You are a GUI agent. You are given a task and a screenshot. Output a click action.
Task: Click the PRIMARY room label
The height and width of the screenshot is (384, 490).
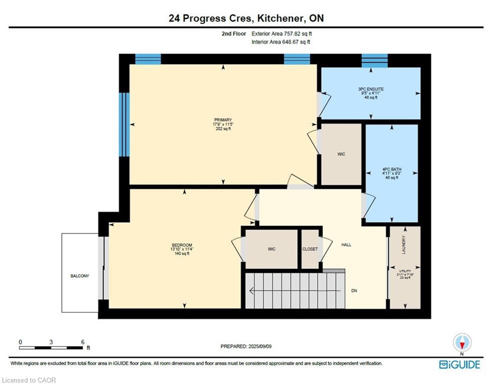(223, 120)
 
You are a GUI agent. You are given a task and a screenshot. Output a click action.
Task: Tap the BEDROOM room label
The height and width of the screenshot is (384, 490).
(182, 245)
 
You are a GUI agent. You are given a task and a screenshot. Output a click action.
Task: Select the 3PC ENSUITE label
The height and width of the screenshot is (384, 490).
(371, 89)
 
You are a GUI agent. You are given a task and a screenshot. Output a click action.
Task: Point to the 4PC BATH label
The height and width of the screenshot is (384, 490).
(392, 169)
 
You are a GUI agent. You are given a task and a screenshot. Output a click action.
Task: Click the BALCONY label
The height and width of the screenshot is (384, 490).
(79, 276)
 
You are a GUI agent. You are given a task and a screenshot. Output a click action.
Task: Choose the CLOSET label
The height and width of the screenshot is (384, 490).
(310, 249)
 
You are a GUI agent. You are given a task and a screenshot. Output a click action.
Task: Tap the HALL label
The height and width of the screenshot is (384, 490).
(346, 244)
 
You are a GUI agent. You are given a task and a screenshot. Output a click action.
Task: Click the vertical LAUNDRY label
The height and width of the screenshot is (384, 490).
(404, 244)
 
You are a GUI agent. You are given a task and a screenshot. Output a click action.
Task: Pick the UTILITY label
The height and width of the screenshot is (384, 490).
(405, 271)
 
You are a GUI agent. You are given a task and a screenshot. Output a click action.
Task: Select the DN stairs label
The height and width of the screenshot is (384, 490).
(354, 290)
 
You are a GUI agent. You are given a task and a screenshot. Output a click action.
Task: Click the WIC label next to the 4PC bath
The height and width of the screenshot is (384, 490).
(341, 154)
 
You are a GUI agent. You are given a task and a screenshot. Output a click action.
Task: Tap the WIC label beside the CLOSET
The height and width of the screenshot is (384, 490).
(271, 249)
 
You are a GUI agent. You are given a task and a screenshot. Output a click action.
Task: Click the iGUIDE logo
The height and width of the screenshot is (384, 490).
(459, 364)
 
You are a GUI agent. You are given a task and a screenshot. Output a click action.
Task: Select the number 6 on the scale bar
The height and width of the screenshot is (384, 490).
(82, 342)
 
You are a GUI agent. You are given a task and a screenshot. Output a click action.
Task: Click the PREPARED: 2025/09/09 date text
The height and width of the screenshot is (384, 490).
(246, 346)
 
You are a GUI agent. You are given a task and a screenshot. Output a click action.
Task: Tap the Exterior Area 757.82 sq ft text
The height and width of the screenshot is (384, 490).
(281, 33)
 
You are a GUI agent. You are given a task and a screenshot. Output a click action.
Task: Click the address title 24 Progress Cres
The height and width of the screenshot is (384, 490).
(210, 18)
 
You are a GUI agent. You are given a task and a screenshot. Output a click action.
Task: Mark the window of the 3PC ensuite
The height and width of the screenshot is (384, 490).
(374, 60)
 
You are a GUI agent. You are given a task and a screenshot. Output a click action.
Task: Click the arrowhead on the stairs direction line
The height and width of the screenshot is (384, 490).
(251, 291)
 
